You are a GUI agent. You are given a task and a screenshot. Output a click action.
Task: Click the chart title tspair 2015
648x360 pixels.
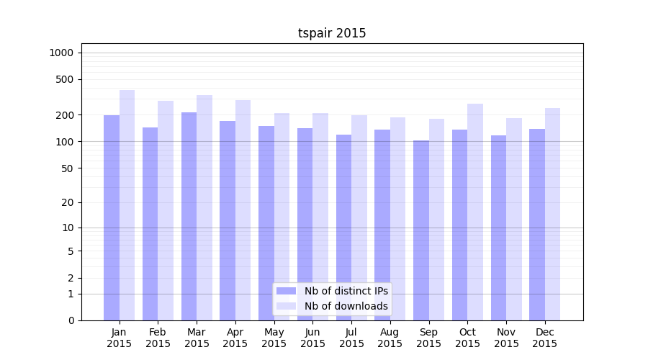point(332,33)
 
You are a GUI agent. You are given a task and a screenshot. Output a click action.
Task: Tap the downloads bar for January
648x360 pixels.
point(127,205)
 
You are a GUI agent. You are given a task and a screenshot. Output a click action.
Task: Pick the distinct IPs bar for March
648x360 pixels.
point(189,216)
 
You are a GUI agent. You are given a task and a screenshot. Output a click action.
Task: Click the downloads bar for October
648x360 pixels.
point(475,212)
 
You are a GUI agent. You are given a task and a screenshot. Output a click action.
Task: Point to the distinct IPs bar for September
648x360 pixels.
point(421,230)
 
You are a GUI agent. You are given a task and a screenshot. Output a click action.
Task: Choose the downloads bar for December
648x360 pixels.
point(553,214)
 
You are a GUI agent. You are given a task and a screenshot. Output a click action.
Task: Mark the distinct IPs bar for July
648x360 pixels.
point(343,228)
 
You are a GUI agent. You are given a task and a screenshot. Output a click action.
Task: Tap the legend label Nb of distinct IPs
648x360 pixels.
point(346,291)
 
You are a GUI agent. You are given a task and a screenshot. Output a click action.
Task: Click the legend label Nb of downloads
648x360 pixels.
point(346,306)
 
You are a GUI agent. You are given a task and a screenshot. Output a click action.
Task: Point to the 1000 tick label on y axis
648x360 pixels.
point(61,53)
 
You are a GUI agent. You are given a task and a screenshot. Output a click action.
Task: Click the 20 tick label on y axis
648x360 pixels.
point(68,202)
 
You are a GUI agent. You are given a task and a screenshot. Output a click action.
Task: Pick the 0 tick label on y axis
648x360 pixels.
point(71,320)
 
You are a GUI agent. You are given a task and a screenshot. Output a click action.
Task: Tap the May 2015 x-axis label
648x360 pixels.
point(274,338)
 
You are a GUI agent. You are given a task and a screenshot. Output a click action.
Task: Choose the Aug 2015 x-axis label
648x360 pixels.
point(390,338)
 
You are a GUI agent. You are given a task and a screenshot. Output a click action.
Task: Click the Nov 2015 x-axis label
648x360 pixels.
point(506,338)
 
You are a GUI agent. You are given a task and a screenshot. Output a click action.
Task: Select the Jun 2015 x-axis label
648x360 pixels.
point(312,338)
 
